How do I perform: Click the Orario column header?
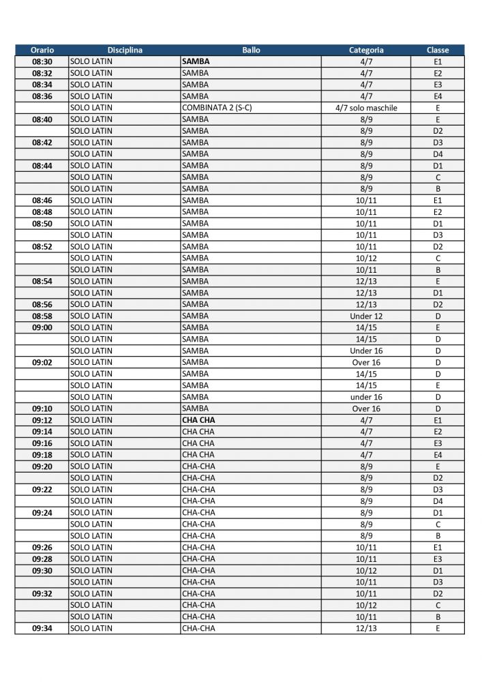pyautogui.click(x=42, y=50)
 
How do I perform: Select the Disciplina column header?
pyautogui.click(x=124, y=50)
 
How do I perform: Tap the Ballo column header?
pyautogui.click(x=250, y=50)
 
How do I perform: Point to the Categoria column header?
pyautogui.click(x=365, y=50)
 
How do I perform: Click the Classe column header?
pyautogui.click(x=437, y=50)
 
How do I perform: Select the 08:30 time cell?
pyautogui.click(x=42, y=61)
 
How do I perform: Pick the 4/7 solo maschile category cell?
pyautogui.click(x=365, y=108)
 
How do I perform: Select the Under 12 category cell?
pyautogui.click(x=365, y=316)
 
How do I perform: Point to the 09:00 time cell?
pyautogui.click(x=42, y=327)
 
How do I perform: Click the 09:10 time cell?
pyautogui.click(x=42, y=409)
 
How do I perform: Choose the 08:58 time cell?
pyautogui.click(x=42, y=316)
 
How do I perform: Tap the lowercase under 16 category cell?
pyautogui.click(x=365, y=397)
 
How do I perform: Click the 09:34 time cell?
pyautogui.click(x=42, y=628)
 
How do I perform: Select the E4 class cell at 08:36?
pyautogui.click(x=437, y=96)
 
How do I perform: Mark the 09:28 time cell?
pyautogui.click(x=42, y=559)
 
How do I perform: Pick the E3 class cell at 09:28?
pyautogui.click(x=437, y=559)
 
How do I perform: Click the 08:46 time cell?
pyautogui.click(x=42, y=201)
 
